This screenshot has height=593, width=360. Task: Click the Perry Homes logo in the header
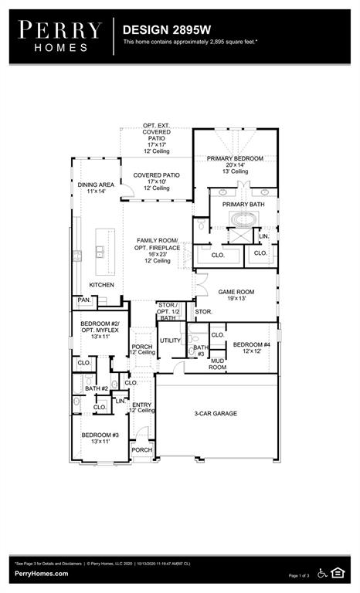coord(60,36)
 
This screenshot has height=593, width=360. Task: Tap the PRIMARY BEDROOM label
coord(235,158)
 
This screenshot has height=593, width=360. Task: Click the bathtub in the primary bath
coord(242,219)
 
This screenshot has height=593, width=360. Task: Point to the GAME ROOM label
coord(236,293)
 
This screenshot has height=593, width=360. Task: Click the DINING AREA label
coord(97,185)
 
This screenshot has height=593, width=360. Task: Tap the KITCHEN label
coord(101,285)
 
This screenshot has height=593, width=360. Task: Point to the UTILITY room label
coord(169,341)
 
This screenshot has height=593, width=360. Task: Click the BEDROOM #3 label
coord(100,435)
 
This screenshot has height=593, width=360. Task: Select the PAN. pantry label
coord(83,300)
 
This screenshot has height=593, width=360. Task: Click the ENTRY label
coord(141,405)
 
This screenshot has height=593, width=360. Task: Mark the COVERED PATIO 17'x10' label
coord(156,175)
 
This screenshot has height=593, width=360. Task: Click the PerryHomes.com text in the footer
coord(40,574)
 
